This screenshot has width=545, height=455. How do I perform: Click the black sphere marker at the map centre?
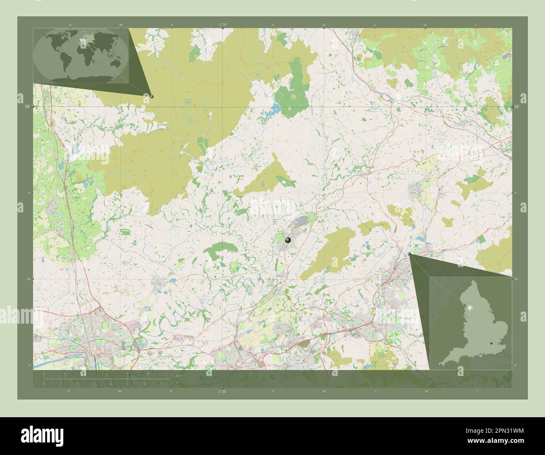point(288,240)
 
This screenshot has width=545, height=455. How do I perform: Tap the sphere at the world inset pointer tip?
point(152,97)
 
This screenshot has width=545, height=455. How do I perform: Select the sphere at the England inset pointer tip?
point(410,254)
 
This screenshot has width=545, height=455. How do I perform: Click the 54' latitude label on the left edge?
point(27,107)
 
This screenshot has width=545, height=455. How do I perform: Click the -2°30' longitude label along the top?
point(222,25)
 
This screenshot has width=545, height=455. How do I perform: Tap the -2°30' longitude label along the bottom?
point(222,392)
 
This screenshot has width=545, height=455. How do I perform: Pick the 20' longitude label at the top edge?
point(324,25)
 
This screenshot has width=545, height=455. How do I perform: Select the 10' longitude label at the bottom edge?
point(426,392)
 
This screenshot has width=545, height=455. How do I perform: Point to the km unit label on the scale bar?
point(178,375)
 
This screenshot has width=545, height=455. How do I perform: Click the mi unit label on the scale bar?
point(178,382)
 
